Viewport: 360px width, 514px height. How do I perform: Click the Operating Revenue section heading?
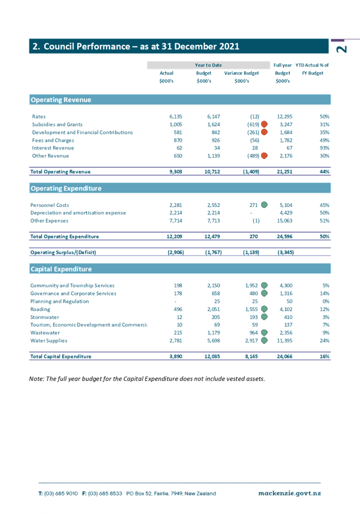(x=61, y=99)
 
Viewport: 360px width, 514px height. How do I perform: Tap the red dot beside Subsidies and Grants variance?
(x=264, y=124)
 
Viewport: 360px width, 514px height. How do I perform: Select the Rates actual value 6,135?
(x=176, y=116)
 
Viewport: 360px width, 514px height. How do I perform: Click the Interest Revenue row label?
(x=53, y=148)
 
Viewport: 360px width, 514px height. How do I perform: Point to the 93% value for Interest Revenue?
(x=325, y=148)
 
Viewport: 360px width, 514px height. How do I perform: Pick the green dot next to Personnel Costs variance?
(x=264, y=205)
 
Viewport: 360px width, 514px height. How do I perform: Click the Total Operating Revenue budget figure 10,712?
(x=212, y=172)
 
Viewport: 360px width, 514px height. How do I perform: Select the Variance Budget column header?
(x=242, y=73)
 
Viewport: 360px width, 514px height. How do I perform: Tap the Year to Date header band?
(x=209, y=65)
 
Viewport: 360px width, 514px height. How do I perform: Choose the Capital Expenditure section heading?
(x=61, y=269)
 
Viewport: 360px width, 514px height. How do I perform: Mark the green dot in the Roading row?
(x=264, y=309)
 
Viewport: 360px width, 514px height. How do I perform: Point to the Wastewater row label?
(x=45, y=333)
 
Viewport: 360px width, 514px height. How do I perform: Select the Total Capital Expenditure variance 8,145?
(x=251, y=356)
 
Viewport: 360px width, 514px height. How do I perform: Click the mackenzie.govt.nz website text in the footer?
(x=290, y=493)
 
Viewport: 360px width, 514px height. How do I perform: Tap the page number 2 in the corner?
(x=342, y=49)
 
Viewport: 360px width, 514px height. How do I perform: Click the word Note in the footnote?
(x=36, y=379)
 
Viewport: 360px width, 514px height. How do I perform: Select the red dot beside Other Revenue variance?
(x=264, y=156)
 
